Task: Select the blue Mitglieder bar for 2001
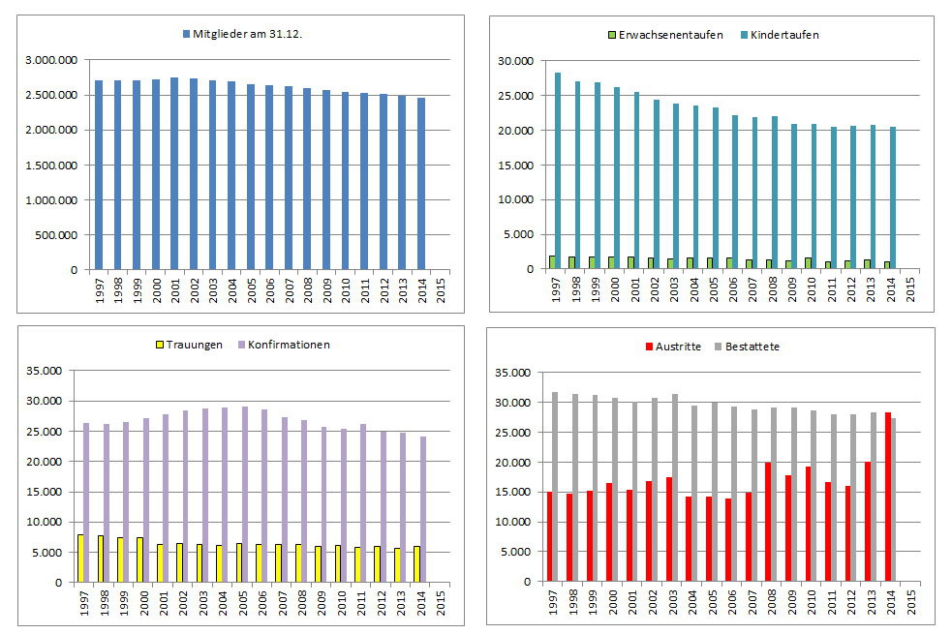click(x=174, y=173)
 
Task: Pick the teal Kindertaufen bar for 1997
click(x=558, y=170)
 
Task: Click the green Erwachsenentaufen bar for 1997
click(x=551, y=262)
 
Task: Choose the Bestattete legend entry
click(x=752, y=346)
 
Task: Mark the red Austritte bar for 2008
click(x=768, y=522)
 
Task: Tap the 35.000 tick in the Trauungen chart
click(x=45, y=371)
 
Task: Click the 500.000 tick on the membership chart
click(x=58, y=234)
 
